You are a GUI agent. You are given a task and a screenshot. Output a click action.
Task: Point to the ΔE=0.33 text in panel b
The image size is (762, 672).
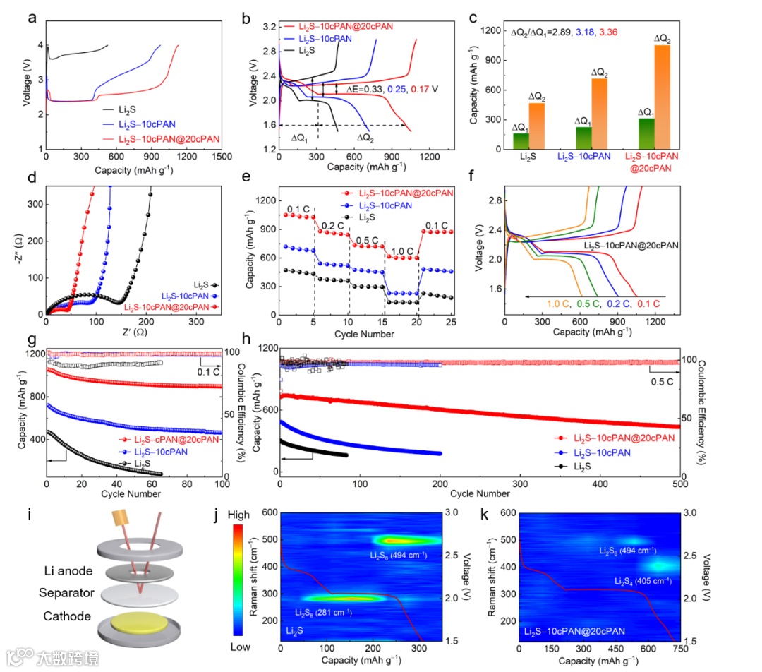368,90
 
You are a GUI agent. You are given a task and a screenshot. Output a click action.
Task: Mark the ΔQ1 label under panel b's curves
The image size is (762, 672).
300,138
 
